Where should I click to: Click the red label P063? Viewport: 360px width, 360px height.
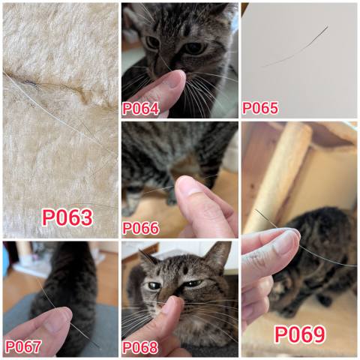click(x=67, y=217)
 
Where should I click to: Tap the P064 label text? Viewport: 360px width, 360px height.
click(x=140, y=109)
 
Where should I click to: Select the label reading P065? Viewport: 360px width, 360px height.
click(x=260, y=108)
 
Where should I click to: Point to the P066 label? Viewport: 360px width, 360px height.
click(x=140, y=228)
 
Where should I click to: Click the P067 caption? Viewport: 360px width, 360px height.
click(x=23, y=347)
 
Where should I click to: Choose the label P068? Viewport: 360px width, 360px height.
click(x=140, y=347)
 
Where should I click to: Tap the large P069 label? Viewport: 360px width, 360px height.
click(x=300, y=334)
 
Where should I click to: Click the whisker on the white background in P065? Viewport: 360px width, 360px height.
click(x=295, y=46)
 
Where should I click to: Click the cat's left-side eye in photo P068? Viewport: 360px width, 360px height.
click(x=154, y=286)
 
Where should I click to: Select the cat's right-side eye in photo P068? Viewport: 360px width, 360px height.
click(x=192, y=283)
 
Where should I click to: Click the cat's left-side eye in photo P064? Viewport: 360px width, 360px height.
click(x=152, y=43)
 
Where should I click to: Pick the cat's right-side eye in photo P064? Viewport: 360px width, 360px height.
click(x=194, y=48)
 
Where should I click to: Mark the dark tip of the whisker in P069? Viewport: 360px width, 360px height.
click(x=257, y=211)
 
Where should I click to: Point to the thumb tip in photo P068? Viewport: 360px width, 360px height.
click(x=172, y=303)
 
